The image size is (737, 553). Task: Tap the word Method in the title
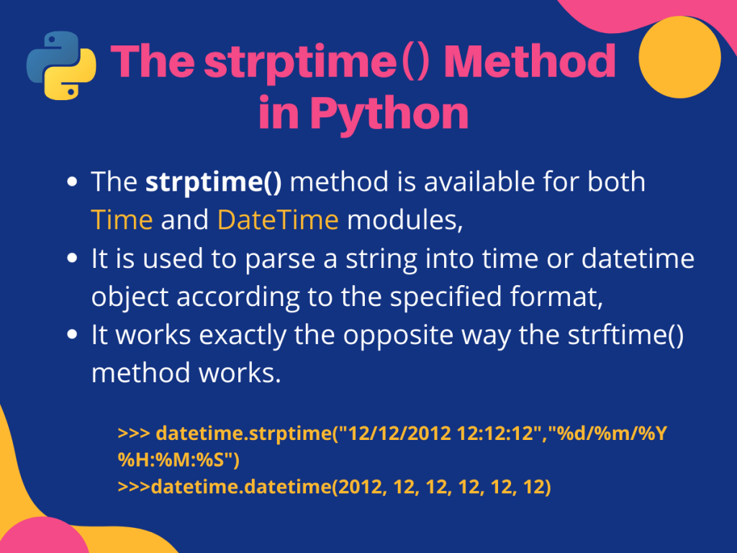tap(530, 63)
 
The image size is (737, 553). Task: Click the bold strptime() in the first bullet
tap(213, 182)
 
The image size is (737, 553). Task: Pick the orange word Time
tap(122, 219)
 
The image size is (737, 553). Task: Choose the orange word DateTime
tap(278, 219)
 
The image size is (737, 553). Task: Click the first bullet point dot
tap(72, 183)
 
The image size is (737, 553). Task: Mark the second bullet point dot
tap(72, 259)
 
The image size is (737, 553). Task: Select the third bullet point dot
tap(72, 336)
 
